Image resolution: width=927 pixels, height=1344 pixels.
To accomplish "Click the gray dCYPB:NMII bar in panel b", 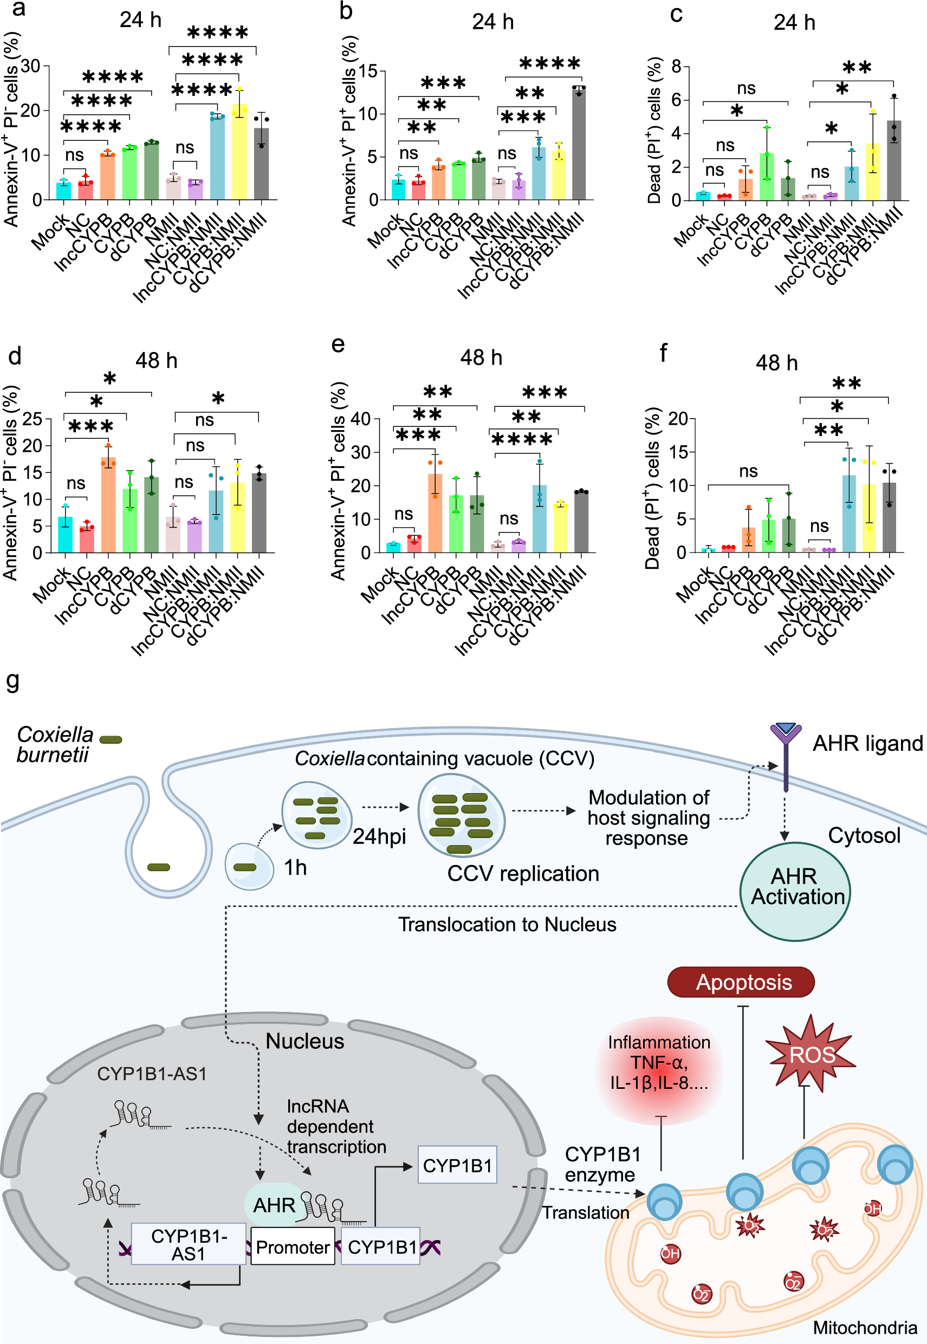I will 579,145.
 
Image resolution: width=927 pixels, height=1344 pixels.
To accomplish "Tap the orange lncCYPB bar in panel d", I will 108,505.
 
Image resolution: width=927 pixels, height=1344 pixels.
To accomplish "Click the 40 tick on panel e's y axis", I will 361,419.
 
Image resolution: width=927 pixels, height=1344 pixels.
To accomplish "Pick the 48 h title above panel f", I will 776,363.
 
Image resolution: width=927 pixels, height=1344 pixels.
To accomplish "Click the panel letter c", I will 676,14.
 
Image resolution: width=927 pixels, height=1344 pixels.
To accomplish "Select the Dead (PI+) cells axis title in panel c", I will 654,131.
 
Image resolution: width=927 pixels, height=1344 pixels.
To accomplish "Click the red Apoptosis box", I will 741,982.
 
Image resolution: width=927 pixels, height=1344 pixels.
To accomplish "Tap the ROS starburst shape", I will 811,1054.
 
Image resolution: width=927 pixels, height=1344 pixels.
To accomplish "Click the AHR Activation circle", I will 795,887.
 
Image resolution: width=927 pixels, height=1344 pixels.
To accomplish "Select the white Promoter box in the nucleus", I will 293,1247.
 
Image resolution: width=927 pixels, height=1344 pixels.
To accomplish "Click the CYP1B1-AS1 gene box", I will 188,1245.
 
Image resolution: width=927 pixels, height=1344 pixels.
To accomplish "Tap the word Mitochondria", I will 864,1328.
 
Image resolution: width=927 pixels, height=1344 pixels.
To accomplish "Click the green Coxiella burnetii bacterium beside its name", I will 111,740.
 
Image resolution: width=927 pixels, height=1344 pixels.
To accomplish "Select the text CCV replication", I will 523,874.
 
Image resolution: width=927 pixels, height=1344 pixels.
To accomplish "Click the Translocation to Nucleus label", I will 507,925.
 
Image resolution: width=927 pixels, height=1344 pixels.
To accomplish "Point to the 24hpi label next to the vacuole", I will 379,836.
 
